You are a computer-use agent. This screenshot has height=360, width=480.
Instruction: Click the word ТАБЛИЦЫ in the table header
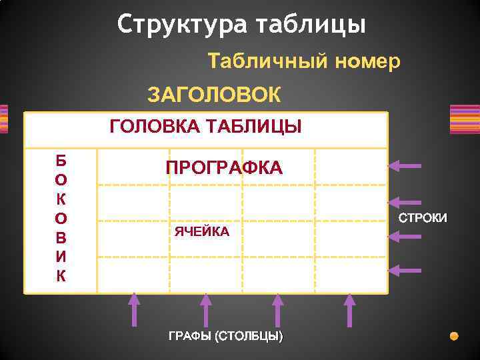click(x=255, y=126)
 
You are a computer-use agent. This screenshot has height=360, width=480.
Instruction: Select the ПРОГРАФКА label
click(x=224, y=168)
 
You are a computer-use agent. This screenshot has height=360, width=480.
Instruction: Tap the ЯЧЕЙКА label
click(x=201, y=231)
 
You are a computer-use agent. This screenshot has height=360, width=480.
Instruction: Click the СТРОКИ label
click(x=423, y=218)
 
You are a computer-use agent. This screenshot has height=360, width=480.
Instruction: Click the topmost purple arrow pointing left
click(x=406, y=165)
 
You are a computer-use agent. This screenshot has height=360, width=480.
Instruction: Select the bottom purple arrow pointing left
click(x=406, y=270)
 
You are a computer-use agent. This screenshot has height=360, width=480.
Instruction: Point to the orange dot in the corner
click(x=454, y=335)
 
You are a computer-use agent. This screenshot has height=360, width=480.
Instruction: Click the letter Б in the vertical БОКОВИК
click(x=61, y=160)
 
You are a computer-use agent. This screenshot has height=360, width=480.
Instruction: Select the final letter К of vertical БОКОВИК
click(x=61, y=276)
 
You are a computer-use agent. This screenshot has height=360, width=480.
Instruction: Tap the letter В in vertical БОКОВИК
click(x=61, y=237)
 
